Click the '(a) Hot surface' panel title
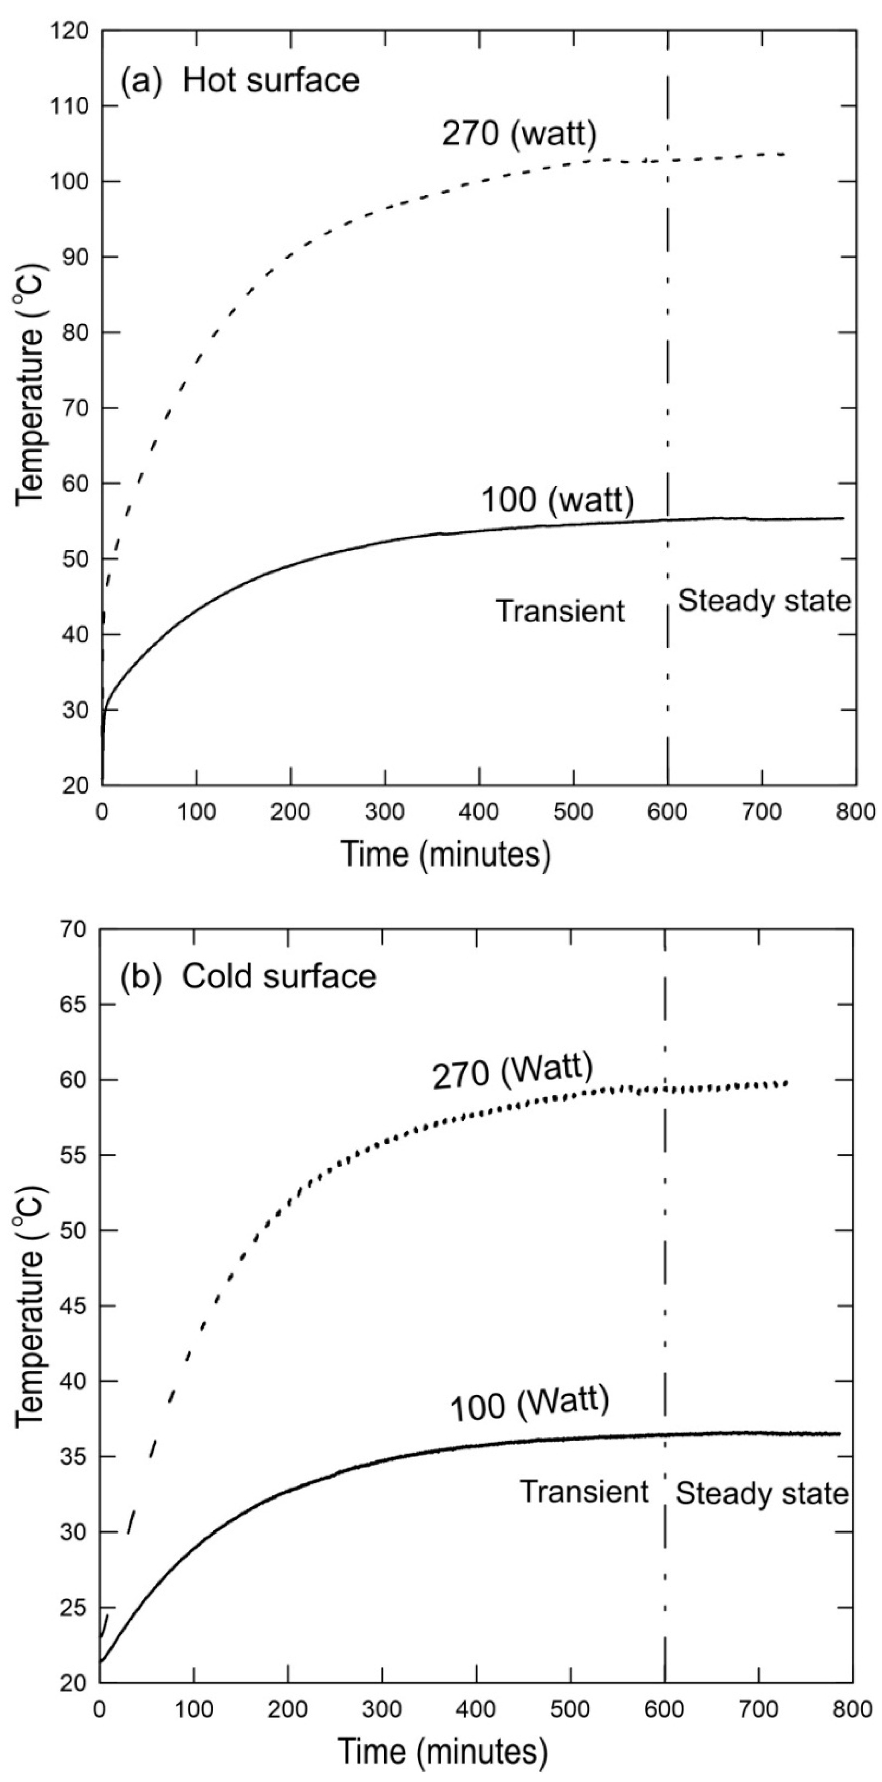point(240,80)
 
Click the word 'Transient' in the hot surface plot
point(560,611)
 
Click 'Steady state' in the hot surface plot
point(764,600)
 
